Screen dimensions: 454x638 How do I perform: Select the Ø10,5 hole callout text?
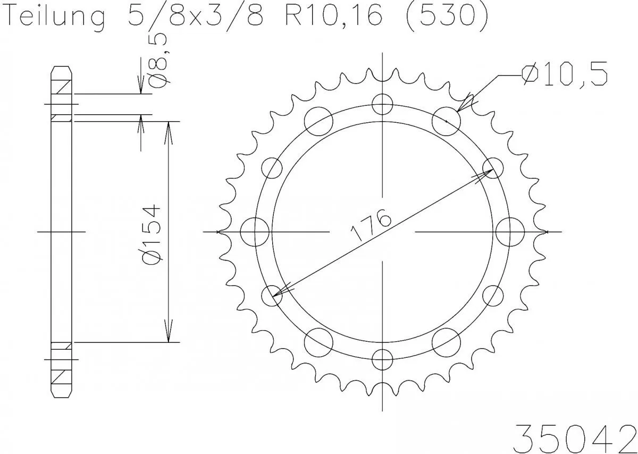(565, 75)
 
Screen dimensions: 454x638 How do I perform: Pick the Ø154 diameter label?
(154, 232)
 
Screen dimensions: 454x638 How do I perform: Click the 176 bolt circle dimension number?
(370, 225)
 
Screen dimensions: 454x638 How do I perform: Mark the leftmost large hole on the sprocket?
(254, 232)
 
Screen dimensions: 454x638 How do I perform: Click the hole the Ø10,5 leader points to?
(446, 121)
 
